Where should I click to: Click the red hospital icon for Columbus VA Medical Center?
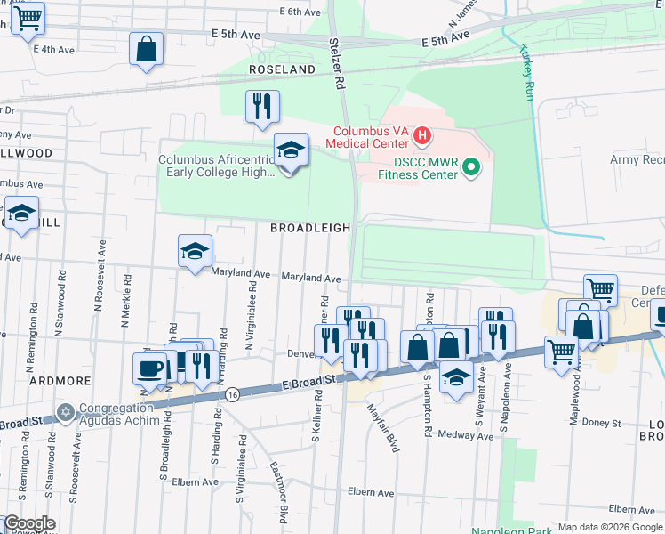pos(422,137)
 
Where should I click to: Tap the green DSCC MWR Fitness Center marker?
pos(473,166)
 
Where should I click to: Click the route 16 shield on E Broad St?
pos(232,392)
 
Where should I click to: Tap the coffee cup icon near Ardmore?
pos(149,368)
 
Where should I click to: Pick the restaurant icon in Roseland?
pos(262,107)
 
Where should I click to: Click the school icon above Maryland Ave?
pos(195,251)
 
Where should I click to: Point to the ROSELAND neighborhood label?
pos(282,69)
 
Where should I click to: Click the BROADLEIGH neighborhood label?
pos(311,228)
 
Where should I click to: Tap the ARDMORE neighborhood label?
pos(60,380)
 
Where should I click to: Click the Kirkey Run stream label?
pos(526,72)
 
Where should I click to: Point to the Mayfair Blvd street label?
pos(383,428)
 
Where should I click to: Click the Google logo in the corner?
pos(29,523)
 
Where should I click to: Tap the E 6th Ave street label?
pos(300,12)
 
